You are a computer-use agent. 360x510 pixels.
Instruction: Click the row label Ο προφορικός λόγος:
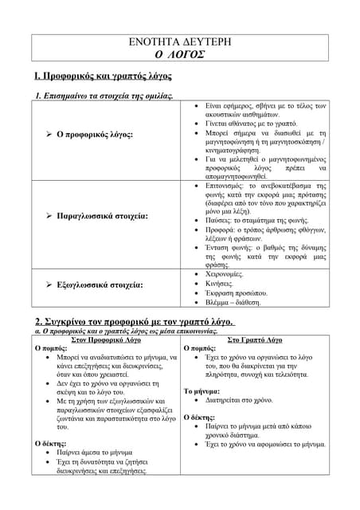[89, 135]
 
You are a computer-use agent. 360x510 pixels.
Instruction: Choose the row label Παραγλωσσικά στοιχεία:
[96, 215]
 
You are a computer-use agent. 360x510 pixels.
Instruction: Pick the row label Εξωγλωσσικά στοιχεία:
[94, 284]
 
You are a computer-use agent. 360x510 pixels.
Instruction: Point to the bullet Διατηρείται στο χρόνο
[238, 401]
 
